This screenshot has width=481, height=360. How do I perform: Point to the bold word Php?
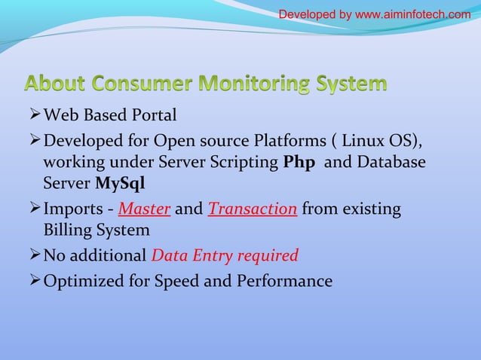click(x=299, y=163)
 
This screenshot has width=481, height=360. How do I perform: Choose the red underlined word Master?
click(x=144, y=209)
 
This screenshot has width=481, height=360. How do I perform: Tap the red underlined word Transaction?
click(x=252, y=209)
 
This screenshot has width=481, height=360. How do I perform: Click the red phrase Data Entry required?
click(x=225, y=255)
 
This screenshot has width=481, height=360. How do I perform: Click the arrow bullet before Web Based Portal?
click(x=33, y=115)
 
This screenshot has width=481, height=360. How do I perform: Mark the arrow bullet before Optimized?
click(x=33, y=280)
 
